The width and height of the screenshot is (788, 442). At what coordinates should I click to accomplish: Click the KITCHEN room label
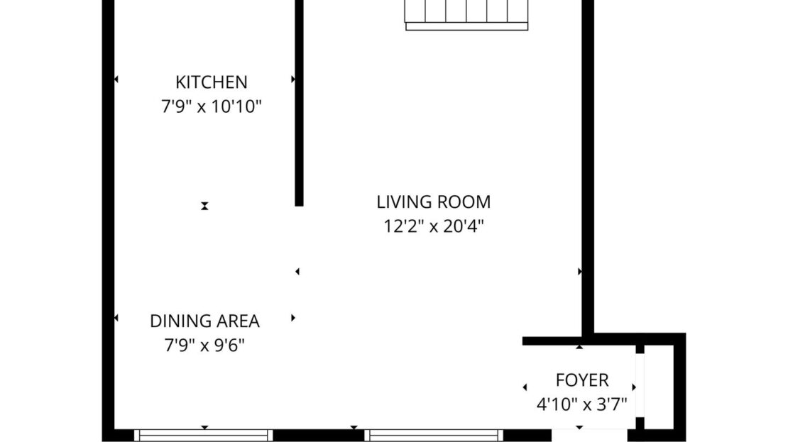[x=211, y=82]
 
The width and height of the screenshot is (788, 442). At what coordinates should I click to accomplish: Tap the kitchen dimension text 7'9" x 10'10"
[x=212, y=106]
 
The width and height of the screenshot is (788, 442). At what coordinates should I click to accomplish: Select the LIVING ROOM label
[x=434, y=202]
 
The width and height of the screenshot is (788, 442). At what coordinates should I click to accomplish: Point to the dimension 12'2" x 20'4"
[x=434, y=226]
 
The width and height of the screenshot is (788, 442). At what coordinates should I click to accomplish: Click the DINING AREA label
[x=204, y=321]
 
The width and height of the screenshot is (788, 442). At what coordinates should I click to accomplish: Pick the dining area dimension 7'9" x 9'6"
[x=204, y=345]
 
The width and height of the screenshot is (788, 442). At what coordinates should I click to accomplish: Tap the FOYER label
[x=582, y=380]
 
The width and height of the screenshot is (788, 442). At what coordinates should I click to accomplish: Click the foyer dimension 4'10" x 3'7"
[x=582, y=404]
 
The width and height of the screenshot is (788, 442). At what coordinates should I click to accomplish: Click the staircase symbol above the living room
[x=466, y=15]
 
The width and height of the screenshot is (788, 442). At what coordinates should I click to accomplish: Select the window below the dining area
[x=204, y=435]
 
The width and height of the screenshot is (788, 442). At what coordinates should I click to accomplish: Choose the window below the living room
[x=434, y=435]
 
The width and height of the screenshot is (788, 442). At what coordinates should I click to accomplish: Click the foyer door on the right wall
[x=640, y=385]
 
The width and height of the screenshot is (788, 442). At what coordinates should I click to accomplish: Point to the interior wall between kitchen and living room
[x=299, y=103]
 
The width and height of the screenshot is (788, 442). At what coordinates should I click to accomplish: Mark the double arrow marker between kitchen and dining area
[x=204, y=206]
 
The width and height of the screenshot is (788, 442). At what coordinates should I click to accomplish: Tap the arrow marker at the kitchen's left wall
[x=116, y=79]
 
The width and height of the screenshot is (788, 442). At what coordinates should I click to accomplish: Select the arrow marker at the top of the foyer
[x=579, y=346]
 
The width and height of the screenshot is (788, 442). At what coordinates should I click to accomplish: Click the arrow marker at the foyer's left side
[x=525, y=387]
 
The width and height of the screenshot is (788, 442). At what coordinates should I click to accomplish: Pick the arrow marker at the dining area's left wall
[x=116, y=318]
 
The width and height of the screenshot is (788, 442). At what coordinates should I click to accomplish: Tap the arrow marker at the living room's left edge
[x=297, y=271]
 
